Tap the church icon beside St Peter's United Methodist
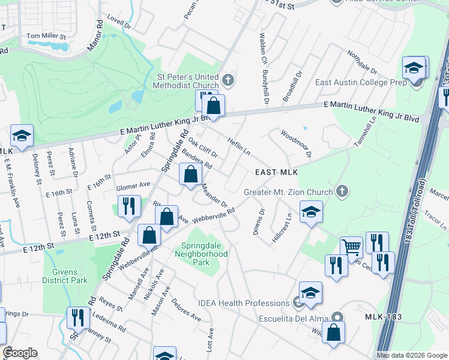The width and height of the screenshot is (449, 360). click(x=228, y=79)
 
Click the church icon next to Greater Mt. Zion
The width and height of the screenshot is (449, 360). click(x=342, y=191)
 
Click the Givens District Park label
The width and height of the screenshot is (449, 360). click(x=65, y=276)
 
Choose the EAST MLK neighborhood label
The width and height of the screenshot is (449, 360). click(x=277, y=172)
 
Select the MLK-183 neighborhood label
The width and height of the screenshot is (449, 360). click(x=382, y=316)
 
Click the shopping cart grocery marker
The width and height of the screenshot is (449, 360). click(x=351, y=245)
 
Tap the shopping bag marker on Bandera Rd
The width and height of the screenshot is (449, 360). click(x=190, y=175)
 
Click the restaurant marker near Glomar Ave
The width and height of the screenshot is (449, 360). click(x=128, y=206)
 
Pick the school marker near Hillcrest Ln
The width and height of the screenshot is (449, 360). click(x=311, y=211)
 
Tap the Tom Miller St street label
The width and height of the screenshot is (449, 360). click(x=46, y=37)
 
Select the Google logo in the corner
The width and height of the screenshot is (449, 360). click(x=19, y=353)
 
